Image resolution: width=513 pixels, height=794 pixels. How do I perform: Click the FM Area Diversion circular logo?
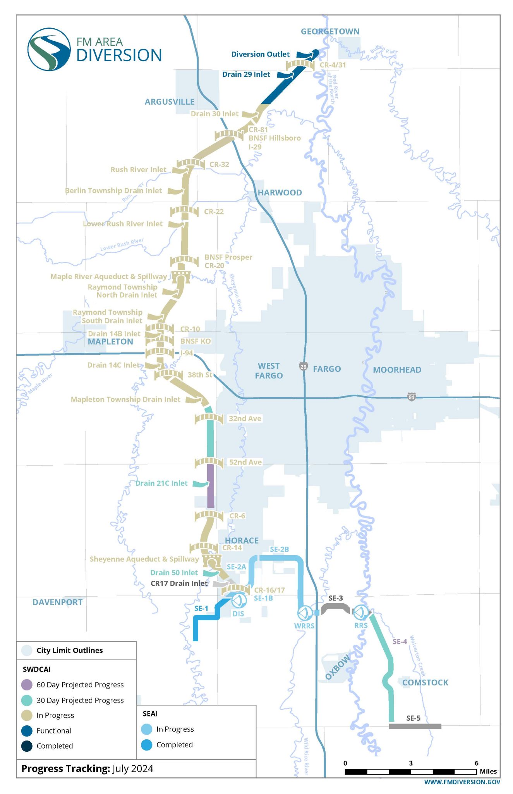pos(49,49)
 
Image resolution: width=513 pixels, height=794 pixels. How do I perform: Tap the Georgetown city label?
pos(330,31)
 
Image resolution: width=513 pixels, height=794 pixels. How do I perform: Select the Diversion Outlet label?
pos(260,54)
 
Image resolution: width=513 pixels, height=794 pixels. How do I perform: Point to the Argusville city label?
pos(170,102)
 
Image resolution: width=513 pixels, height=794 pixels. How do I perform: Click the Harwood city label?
pos(280,193)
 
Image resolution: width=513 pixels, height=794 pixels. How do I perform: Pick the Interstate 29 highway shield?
pos(304,366)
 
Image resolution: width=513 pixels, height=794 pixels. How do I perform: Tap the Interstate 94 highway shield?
pos(411,397)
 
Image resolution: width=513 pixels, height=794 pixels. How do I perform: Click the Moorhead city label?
pos(397,370)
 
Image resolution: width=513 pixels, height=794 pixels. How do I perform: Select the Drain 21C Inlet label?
pos(161,483)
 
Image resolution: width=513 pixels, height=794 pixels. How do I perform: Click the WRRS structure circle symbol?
pos(304,613)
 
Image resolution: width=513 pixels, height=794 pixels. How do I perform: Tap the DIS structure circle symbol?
pos(238,601)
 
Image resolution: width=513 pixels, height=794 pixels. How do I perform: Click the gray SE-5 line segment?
pos(415,726)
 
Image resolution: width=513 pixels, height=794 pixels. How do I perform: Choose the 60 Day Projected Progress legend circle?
pos(27,685)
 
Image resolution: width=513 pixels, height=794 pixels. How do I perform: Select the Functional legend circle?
pos(27,731)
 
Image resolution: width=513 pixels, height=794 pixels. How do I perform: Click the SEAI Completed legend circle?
pos(147,745)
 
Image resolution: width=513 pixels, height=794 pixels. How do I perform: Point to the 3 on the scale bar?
pos(411,763)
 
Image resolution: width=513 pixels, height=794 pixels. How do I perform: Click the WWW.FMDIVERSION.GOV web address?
pos(462,782)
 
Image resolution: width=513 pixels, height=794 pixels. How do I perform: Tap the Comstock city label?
pos(425,683)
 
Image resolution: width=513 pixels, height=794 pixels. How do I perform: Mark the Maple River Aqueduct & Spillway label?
pos(108,276)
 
